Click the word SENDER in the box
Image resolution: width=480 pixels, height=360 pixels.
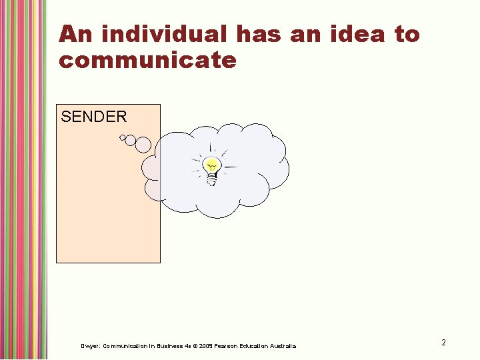pyautogui.click(x=93, y=117)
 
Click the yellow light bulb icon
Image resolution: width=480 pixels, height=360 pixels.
pyautogui.click(x=212, y=167)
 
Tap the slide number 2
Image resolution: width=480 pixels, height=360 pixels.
pyautogui.click(x=443, y=343)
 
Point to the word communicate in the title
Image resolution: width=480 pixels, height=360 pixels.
pyautogui.click(x=147, y=61)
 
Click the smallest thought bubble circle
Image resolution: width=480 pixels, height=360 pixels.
pyautogui.click(x=122, y=138)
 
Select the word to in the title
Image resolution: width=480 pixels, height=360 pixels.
pyautogui.click(x=407, y=34)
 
